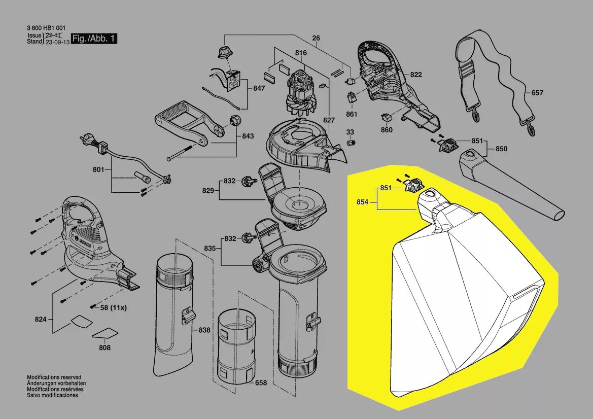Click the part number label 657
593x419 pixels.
click(537, 93)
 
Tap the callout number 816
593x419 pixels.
click(301, 52)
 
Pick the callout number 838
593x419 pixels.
click(204, 330)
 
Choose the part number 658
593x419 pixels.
click(261, 383)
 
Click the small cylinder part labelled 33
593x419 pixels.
click(350, 143)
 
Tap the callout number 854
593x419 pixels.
click(362, 202)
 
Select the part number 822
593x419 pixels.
click(416, 75)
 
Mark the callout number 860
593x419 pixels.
click(387, 130)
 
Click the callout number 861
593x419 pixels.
click(352, 114)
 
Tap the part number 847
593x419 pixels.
click(259, 88)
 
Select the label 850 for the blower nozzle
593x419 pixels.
click(501, 149)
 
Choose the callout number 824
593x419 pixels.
click(41, 319)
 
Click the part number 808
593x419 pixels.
click(105, 348)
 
